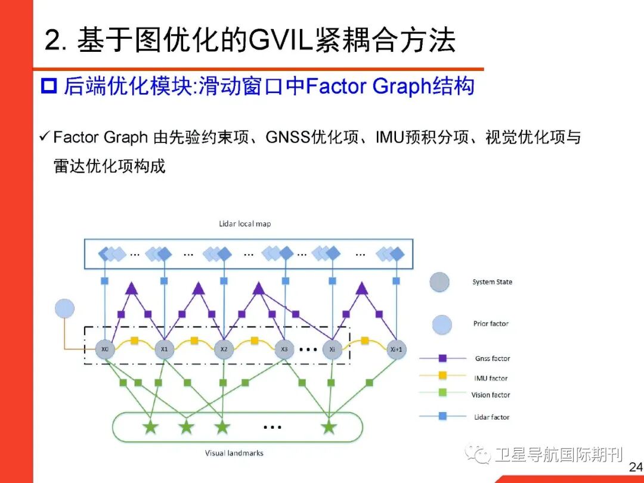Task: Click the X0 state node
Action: [x=105, y=349]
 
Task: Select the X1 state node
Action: [x=164, y=349]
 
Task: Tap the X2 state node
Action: [x=224, y=349]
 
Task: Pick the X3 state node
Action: [x=284, y=349]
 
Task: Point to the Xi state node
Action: [x=333, y=349]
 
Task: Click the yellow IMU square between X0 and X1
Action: [x=135, y=341]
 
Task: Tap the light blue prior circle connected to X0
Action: [x=64, y=308]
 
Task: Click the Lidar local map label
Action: [x=245, y=224]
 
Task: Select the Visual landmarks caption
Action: [x=234, y=453]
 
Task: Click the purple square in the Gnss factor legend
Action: [x=442, y=358]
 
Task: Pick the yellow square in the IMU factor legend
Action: [x=442, y=376]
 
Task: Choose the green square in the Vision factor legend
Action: [x=442, y=393]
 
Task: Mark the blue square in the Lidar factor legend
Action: [x=442, y=416]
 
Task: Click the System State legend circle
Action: [x=439, y=282]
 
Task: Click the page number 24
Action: [x=636, y=467]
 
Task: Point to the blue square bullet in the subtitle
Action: [x=48, y=86]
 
